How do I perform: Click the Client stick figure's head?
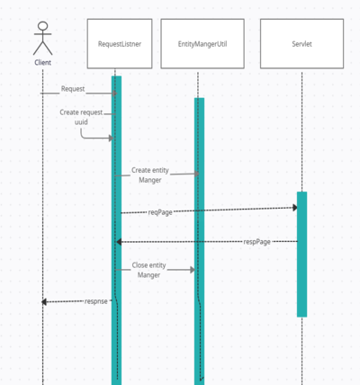43,26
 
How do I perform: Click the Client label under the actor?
42,62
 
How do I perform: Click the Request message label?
73,89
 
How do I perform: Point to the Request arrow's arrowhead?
114,94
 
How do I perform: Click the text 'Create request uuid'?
81,117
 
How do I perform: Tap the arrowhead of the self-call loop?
111,138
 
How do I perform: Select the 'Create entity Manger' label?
150,175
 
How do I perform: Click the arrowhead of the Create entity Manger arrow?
197,174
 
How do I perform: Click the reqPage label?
160,212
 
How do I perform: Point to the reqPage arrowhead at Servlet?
295,208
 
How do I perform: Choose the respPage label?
256,242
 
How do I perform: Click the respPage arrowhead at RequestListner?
119,242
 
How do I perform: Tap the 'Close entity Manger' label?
148,270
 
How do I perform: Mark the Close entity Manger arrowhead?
193,270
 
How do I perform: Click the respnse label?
96,301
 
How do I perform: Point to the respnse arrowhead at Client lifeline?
44,301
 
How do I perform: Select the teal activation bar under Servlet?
301,255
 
